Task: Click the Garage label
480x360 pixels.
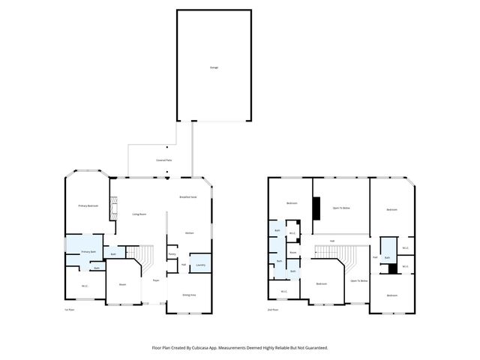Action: click(214, 67)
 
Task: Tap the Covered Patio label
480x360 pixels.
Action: click(163, 160)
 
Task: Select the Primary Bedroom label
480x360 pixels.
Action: click(88, 205)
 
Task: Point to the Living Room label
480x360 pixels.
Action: click(139, 214)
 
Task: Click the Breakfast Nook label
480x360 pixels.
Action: click(187, 196)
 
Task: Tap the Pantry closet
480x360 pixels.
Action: click(172, 255)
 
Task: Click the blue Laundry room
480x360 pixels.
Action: click(200, 264)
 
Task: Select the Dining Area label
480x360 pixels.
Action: click(190, 295)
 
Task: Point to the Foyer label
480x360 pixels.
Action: click(156, 280)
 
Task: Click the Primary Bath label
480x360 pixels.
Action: click(88, 252)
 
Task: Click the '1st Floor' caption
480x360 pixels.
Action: click(70, 310)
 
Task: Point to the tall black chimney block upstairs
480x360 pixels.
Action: click(317, 206)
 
